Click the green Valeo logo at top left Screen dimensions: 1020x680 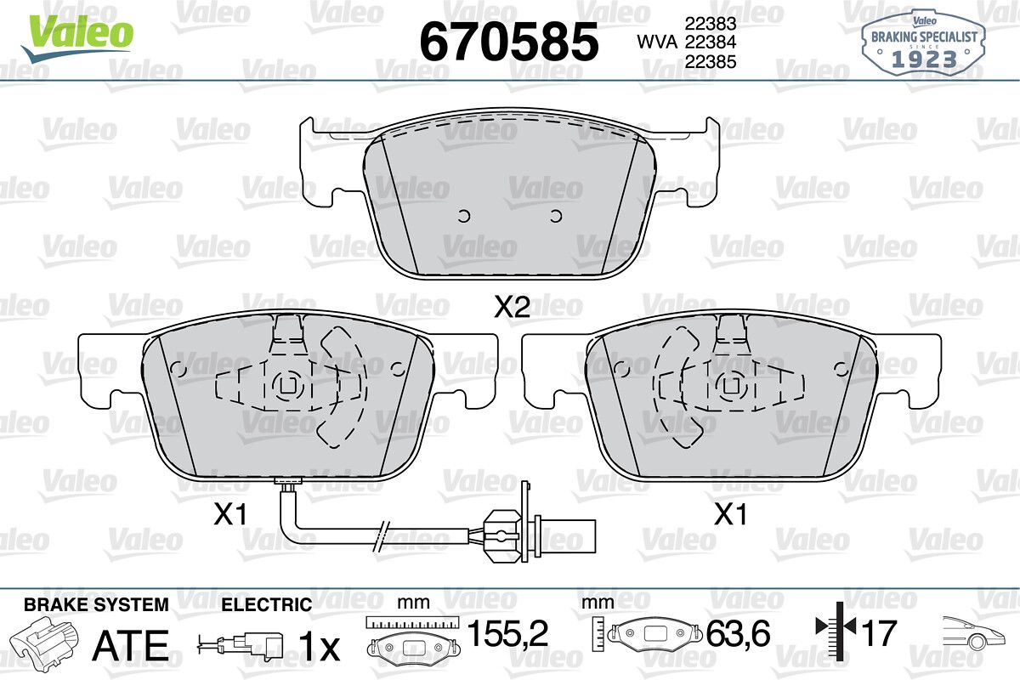[x=77, y=38]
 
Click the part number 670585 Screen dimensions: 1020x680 [x=509, y=42]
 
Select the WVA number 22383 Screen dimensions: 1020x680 [x=711, y=23]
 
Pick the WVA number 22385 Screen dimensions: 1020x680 [x=711, y=61]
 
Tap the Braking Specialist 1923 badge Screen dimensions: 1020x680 [x=924, y=44]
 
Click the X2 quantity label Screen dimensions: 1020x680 [x=513, y=308]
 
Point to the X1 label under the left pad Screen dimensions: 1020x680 [x=230, y=514]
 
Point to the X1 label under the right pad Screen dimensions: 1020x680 [x=731, y=514]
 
